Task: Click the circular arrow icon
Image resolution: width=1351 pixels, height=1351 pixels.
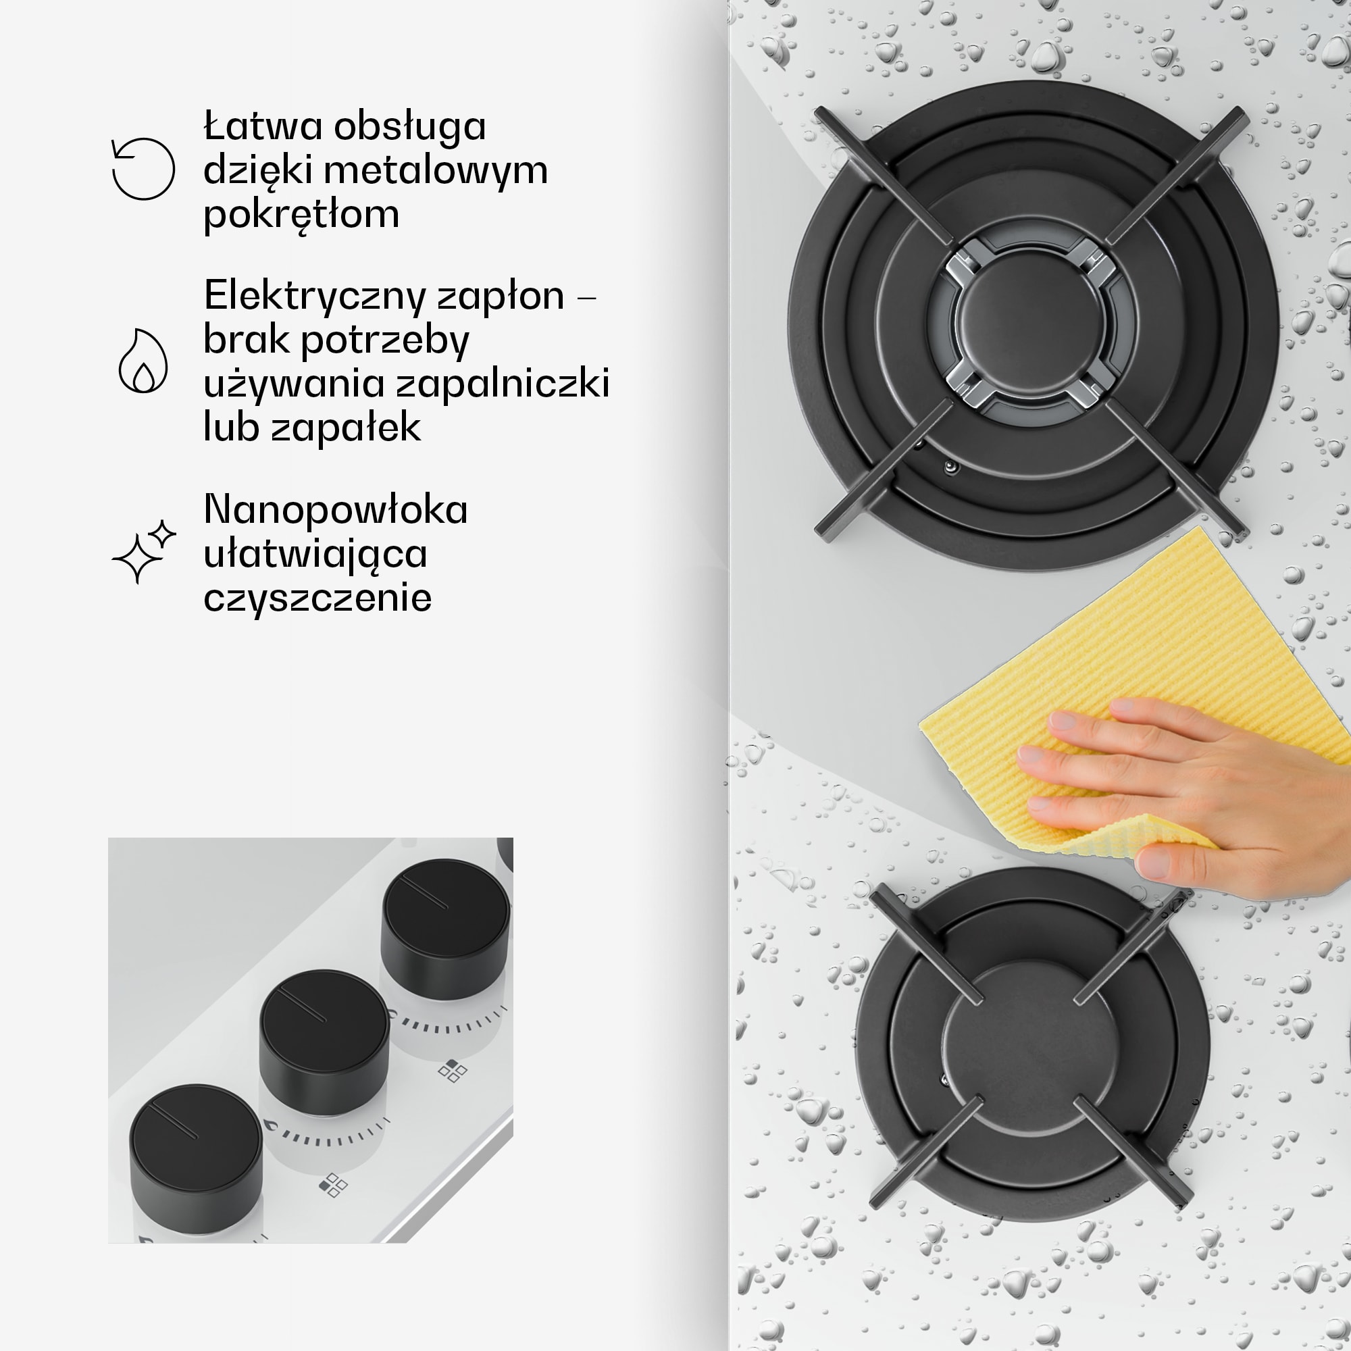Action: [x=143, y=170]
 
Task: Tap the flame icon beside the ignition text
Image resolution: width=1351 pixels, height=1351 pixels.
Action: [x=143, y=361]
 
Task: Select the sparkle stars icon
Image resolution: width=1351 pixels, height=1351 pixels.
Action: [x=144, y=552]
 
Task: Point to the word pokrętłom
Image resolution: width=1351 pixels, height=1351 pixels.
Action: [x=301, y=215]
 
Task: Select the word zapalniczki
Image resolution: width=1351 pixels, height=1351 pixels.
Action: [x=503, y=384]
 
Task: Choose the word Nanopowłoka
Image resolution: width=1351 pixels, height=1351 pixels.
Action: [x=336, y=511]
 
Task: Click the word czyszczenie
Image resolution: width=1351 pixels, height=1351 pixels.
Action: [x=317, y=598]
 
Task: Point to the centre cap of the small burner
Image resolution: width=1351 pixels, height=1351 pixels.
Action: [x=1031, y=1040]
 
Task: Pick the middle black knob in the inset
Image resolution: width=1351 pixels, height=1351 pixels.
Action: [x=324, y=1042]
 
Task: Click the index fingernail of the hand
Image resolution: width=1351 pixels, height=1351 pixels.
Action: [x=1065, y=720]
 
